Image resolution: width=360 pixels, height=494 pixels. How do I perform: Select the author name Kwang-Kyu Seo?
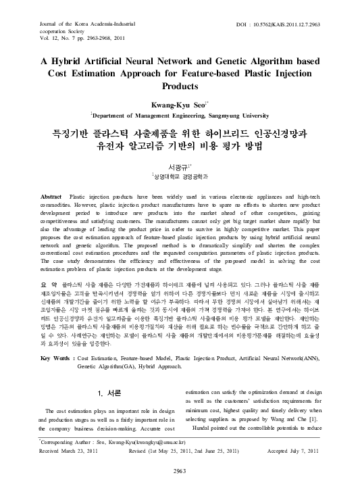pos(178,105)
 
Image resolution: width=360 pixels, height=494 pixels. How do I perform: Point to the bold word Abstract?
pos(52,196)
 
